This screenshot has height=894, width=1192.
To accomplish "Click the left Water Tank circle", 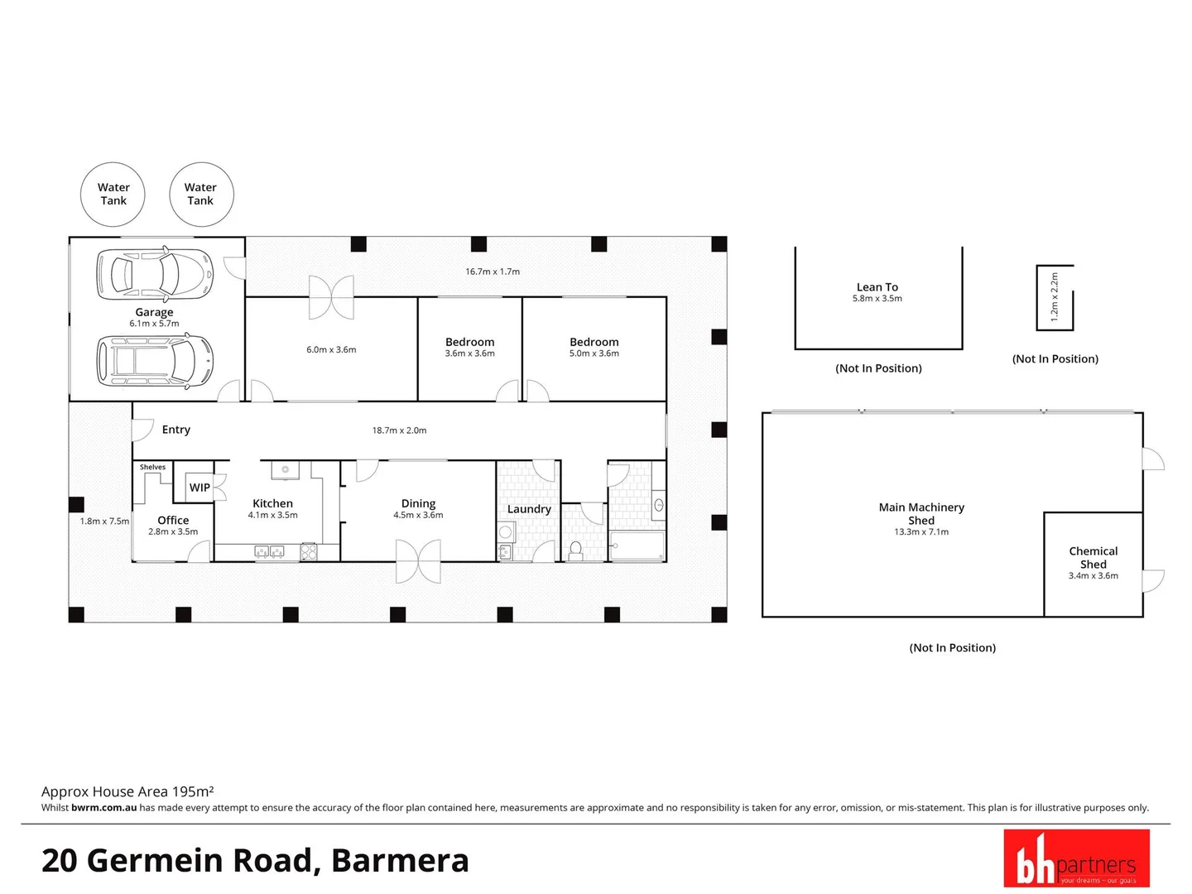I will (113, 195).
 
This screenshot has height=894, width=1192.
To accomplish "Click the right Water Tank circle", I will (201, 195).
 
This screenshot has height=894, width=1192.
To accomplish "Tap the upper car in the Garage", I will (155, 273).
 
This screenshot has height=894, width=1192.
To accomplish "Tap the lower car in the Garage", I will (155, 360).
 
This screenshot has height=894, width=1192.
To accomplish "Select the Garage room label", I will (155, 312).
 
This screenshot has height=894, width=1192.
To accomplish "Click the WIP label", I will (199, 488).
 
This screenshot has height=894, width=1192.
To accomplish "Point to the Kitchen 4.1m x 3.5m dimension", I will (272, 515).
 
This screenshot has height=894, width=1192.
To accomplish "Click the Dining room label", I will (418, 503).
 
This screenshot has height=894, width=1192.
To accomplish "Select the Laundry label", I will (529, 509).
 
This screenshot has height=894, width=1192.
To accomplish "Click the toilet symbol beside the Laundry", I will (576, 550).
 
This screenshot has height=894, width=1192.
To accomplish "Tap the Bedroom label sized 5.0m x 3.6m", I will (594, 342).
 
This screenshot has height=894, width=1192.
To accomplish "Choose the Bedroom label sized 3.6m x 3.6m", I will (469, 342).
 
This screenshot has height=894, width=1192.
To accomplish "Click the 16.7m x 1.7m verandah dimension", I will (493, 272).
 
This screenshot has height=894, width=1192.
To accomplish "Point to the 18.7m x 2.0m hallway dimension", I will (399, 430).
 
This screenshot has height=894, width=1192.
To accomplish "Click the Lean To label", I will (877, 287).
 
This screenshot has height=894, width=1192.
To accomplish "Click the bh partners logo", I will (1076, 858).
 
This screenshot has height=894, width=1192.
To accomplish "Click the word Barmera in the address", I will (400, 861).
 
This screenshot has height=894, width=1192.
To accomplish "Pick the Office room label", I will (173, 520).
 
